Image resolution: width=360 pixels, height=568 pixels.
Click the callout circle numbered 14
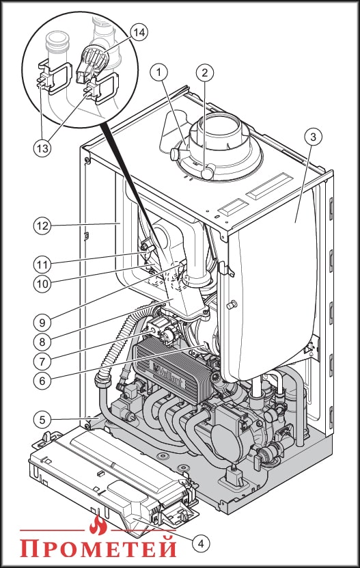pyautogui.click(x=139, y=32)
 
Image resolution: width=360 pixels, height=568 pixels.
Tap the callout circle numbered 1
pyautogui.click(x=158, y=72)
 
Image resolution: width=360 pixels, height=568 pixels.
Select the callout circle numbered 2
pyautogui.click(x=205, y=73)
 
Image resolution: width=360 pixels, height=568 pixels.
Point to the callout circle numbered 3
pyautogui.click(x=314, y=137)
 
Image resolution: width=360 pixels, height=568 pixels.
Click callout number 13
pyautogui.click(x=42, y=148)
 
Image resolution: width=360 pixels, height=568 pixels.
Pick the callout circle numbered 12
pyautogui.click(x=42, y=226)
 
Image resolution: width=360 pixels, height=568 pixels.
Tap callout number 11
pyautogui.click(x=42, y=265)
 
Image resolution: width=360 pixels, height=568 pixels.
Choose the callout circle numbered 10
pyautogui.click(x=42, y=284)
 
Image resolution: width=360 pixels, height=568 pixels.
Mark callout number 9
pyautogui.click(x=42, y=322)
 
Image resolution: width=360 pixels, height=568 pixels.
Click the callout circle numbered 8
pyautogui.click(x=42, y=341)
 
